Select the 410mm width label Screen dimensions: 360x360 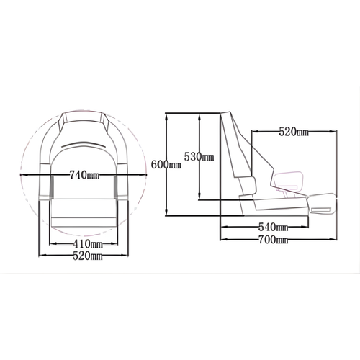click(87, 245)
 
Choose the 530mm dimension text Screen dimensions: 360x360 click(198, 156)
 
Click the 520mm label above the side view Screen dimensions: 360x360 click(293, 132)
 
